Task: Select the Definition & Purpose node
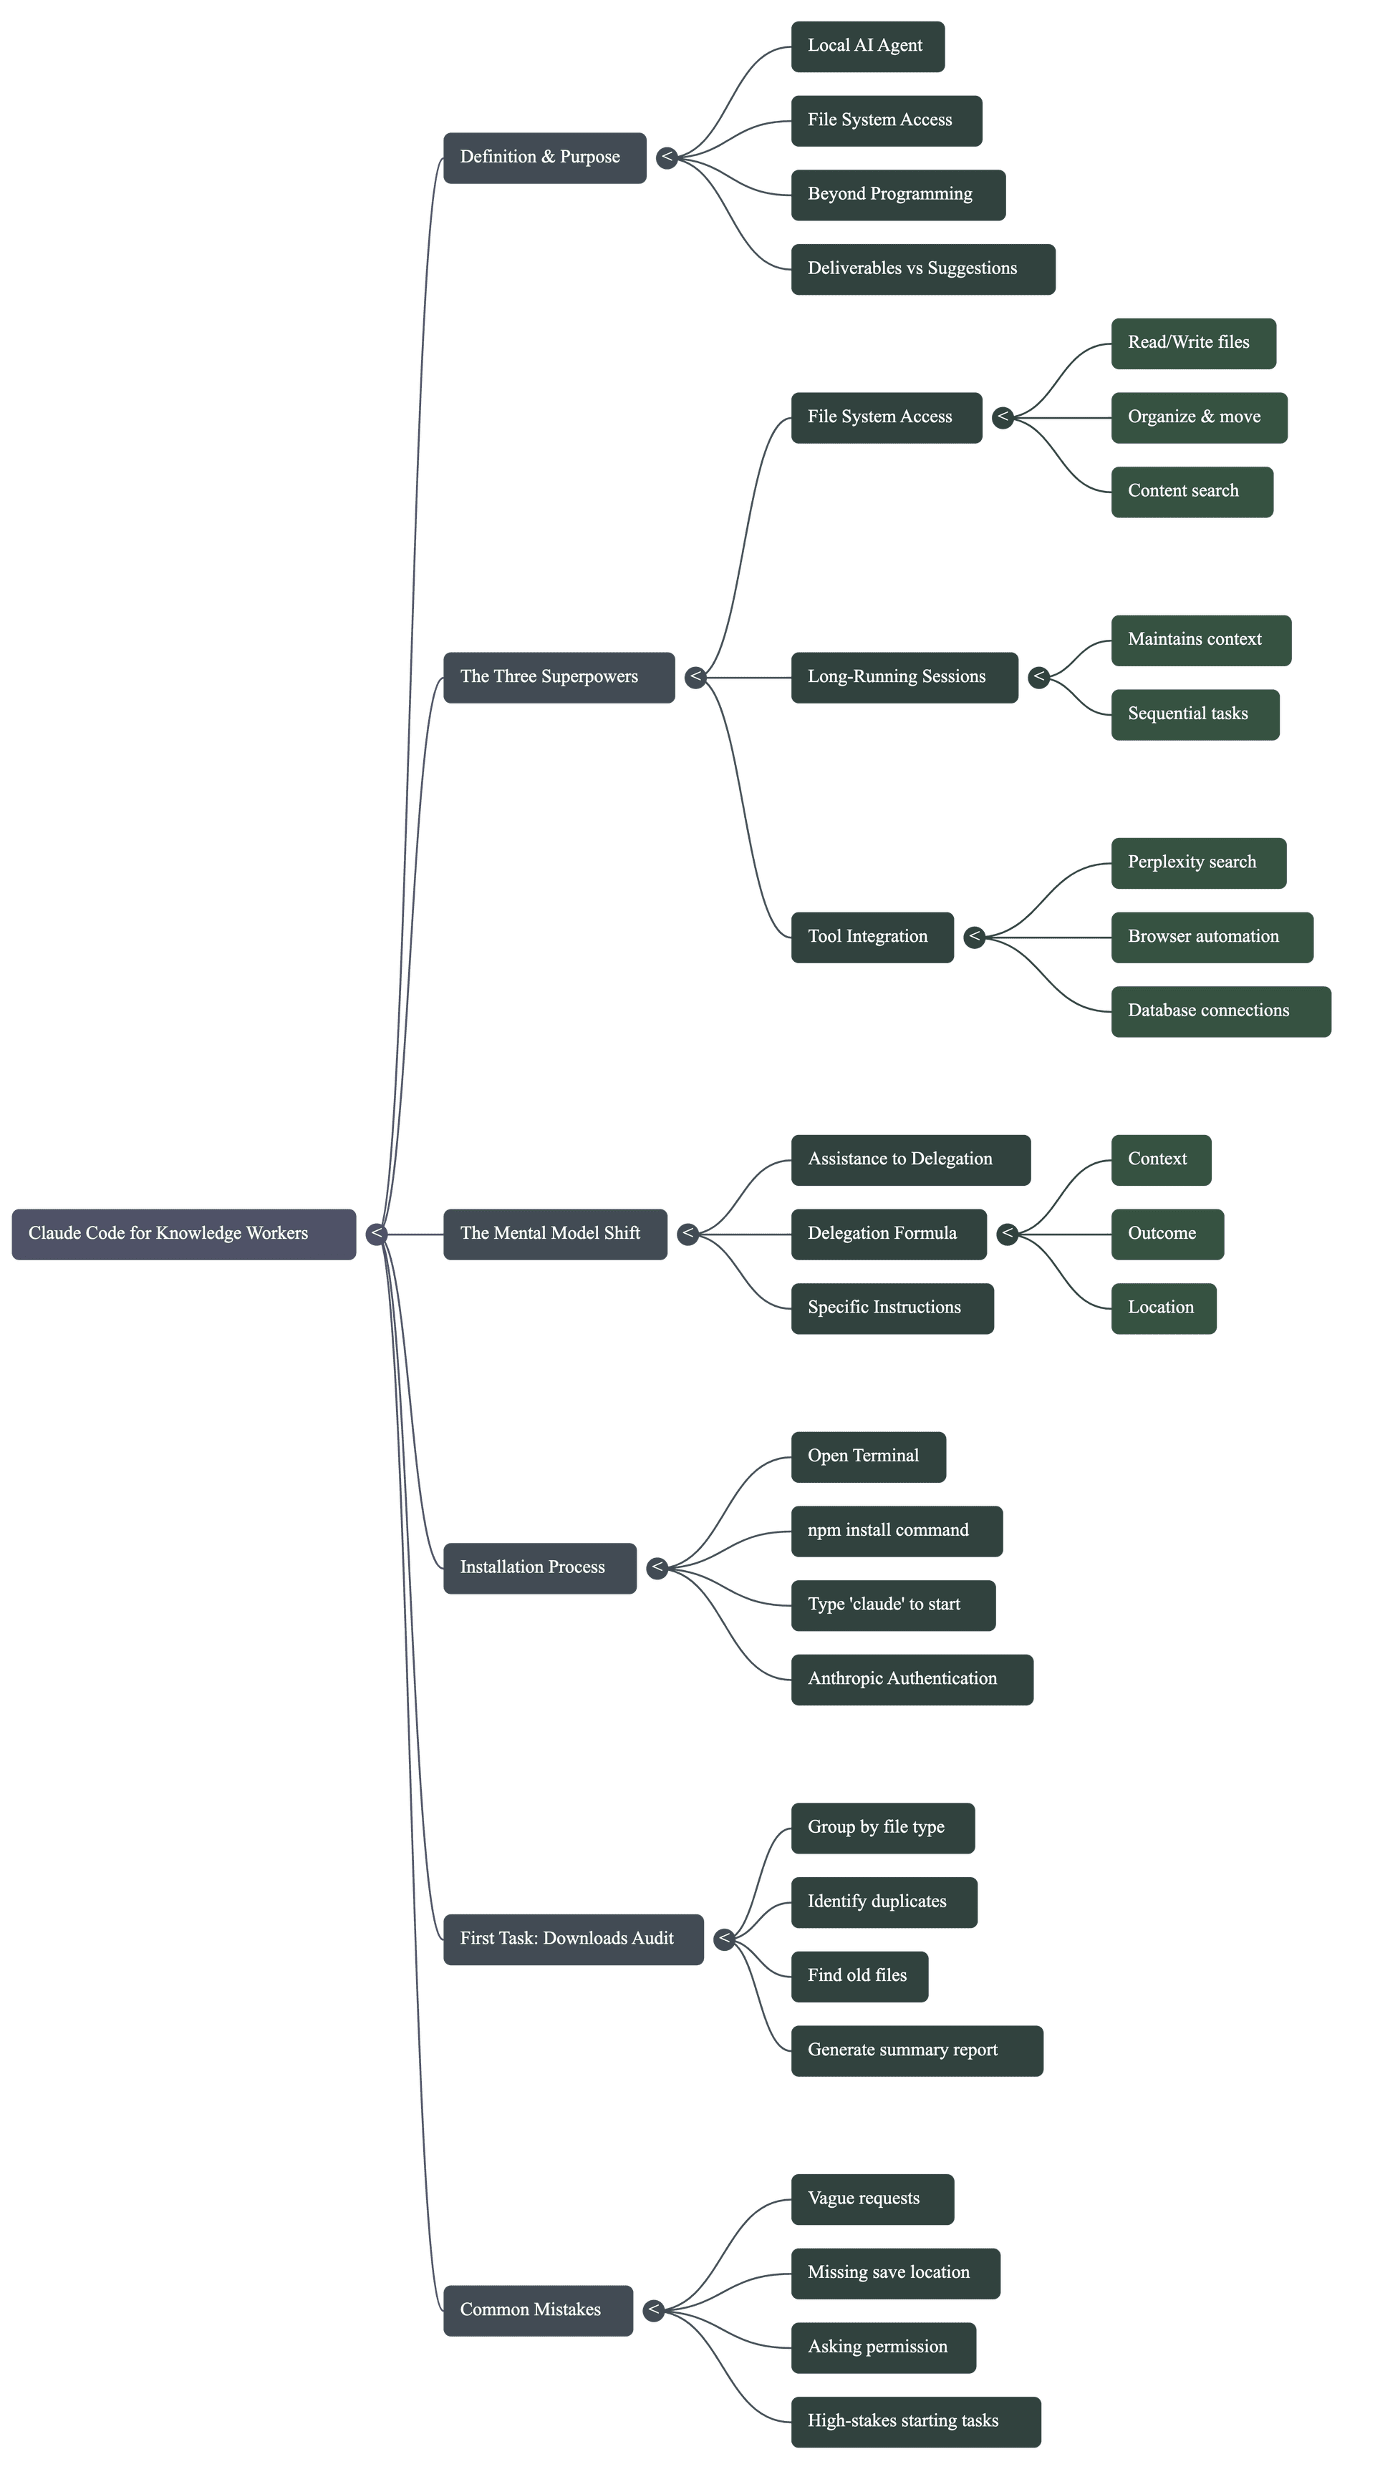click(544, 157)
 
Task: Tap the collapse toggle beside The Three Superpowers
click(695, 677)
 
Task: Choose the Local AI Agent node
click(867, 46)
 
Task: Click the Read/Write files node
click(1193, 343)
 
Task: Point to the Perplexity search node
click(1197, 862)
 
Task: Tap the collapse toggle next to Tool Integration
click(974, 936)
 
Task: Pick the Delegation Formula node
click(888, 1234)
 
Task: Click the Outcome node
click(1166, 1234)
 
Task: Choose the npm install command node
click(896, 1531)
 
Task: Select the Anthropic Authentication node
click(911, 1679)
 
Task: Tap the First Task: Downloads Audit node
click(572, 1939)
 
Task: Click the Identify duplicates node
click(883, 1901)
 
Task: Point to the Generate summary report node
click(916, 2050)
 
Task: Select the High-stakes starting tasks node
click(915, 2421)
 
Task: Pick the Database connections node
click(1220, 1011)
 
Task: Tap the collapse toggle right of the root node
click(377, 1234)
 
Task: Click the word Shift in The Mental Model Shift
click(622, 1234)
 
